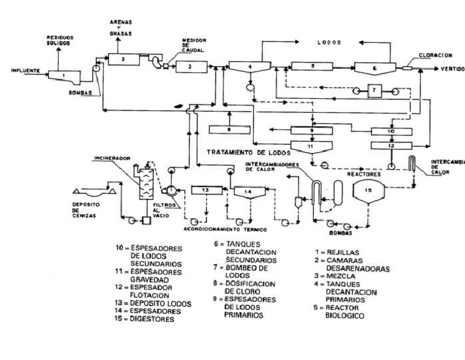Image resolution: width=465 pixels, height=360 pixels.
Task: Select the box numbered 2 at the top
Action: (123, 59)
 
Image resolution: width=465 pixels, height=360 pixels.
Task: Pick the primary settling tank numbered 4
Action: (249, 67)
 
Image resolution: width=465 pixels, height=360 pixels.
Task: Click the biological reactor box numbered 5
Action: (314, 66)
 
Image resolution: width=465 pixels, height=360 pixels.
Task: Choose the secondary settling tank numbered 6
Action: (374, 68)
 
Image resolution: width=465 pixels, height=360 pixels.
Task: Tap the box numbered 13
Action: (205, 190)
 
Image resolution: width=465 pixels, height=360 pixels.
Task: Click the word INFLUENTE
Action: (25, 71)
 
